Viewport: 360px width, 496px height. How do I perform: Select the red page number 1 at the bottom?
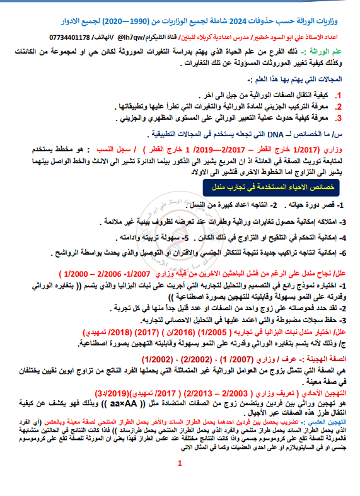click(x=179, y=482)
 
